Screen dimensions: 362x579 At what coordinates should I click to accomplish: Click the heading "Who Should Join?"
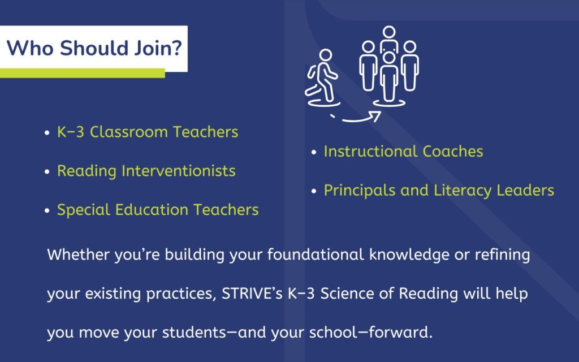tap(94, 48)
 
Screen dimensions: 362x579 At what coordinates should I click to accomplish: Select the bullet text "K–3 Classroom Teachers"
tap(148, 132)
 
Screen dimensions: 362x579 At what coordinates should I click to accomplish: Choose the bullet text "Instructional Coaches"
tap(403, 152)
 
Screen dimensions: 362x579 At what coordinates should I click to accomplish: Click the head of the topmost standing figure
tap(388, 33)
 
